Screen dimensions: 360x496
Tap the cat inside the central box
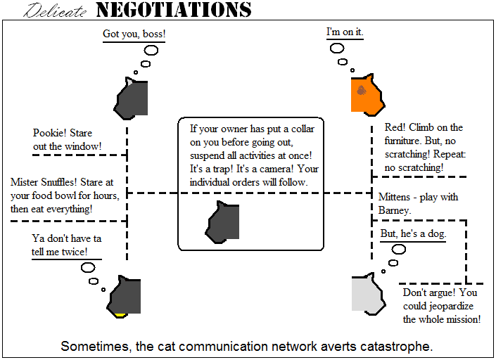[x=223, y=221]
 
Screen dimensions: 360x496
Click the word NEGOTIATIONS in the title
[x=173, y=10]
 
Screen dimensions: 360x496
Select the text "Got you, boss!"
[x=134, y=34]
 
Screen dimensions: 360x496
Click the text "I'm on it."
[x=345, y=32]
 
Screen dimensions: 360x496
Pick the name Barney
[x=394, y=210]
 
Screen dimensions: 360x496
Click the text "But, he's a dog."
[x=413, y=233]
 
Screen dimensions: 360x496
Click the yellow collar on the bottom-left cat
[x=120, y=314]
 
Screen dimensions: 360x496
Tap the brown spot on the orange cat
[x=361, y=90]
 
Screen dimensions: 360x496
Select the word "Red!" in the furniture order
[x=395, y=127]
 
